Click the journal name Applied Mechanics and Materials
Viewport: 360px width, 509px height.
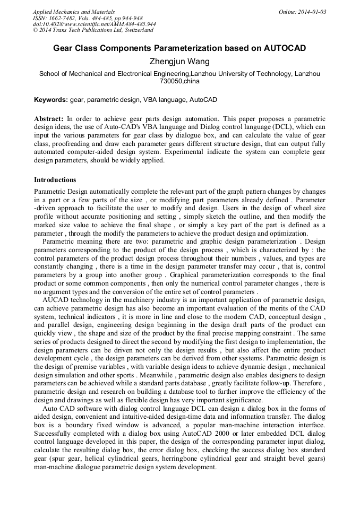click(73, 12)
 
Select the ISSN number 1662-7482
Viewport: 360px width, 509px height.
click(65, 18)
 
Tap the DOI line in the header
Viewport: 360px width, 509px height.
click(94, 24)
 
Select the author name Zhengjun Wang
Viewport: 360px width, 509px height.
click(179, 62)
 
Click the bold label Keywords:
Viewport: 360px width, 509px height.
click(51, 100)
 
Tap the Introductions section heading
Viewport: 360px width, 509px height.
click(55, 180)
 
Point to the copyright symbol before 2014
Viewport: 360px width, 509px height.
click(35, 30)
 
